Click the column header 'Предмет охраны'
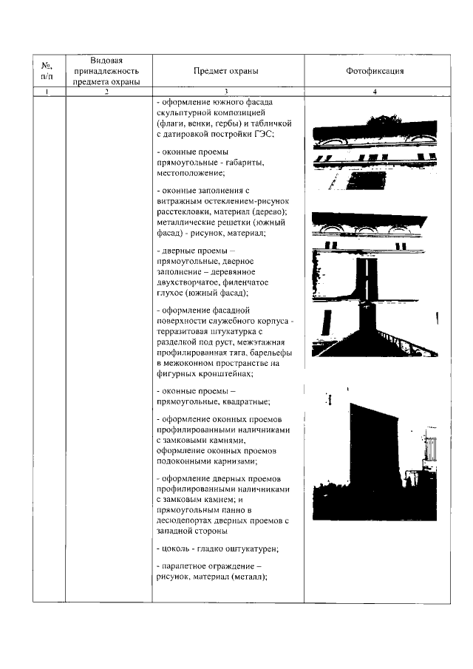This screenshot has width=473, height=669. click(226, 72)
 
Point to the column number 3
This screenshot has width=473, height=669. click(226, 92)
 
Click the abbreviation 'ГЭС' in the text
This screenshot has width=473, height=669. click(264, 133)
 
